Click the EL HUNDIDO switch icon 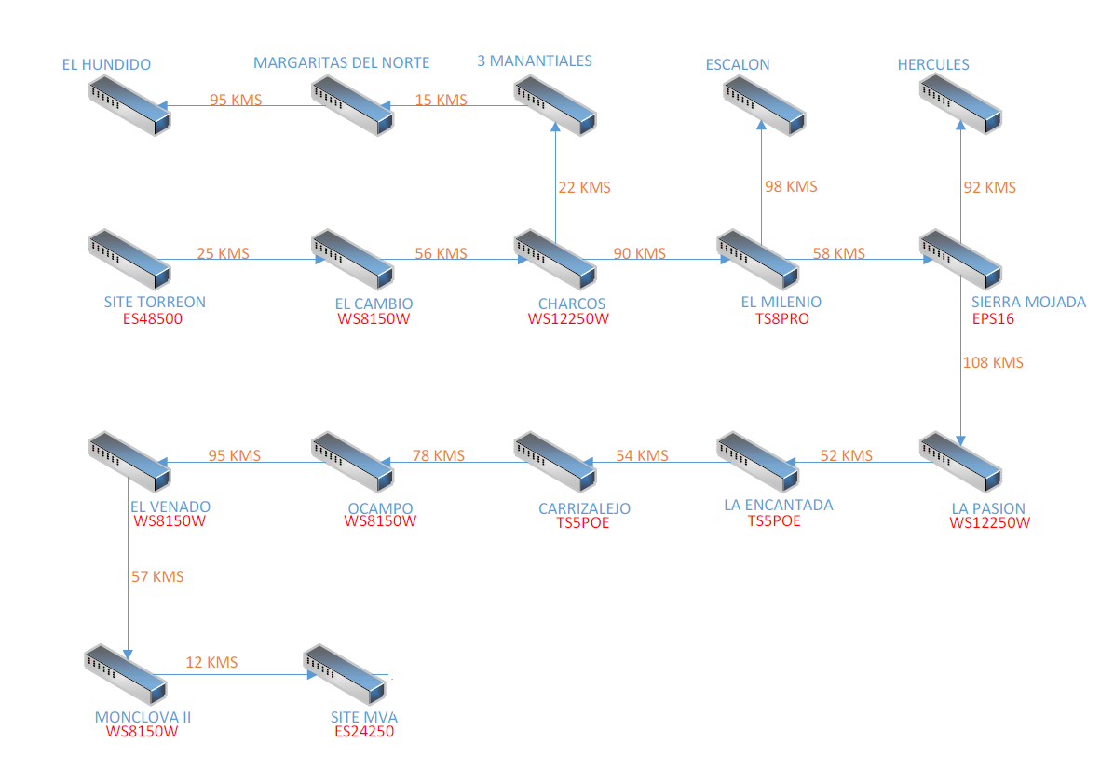tap(130, 105)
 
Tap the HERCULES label tap(933, 64)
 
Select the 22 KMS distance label tap(584, 187)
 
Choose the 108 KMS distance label tap(993, 362)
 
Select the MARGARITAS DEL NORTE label tap(342, 62)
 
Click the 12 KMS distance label tap(211, 662)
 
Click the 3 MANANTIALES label tap(535, 61)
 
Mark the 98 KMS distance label tap(791, 186)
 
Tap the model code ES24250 tap(364, 732)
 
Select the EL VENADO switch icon tap(130, 461)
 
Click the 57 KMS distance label tap(157, 576)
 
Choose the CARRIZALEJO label tap(584, 508)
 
